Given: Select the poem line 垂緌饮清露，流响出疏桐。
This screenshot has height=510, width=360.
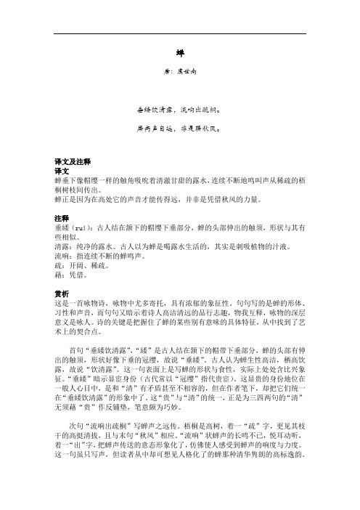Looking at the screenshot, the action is point(179,111).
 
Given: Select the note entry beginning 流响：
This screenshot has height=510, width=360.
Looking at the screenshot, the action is point(94,245).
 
